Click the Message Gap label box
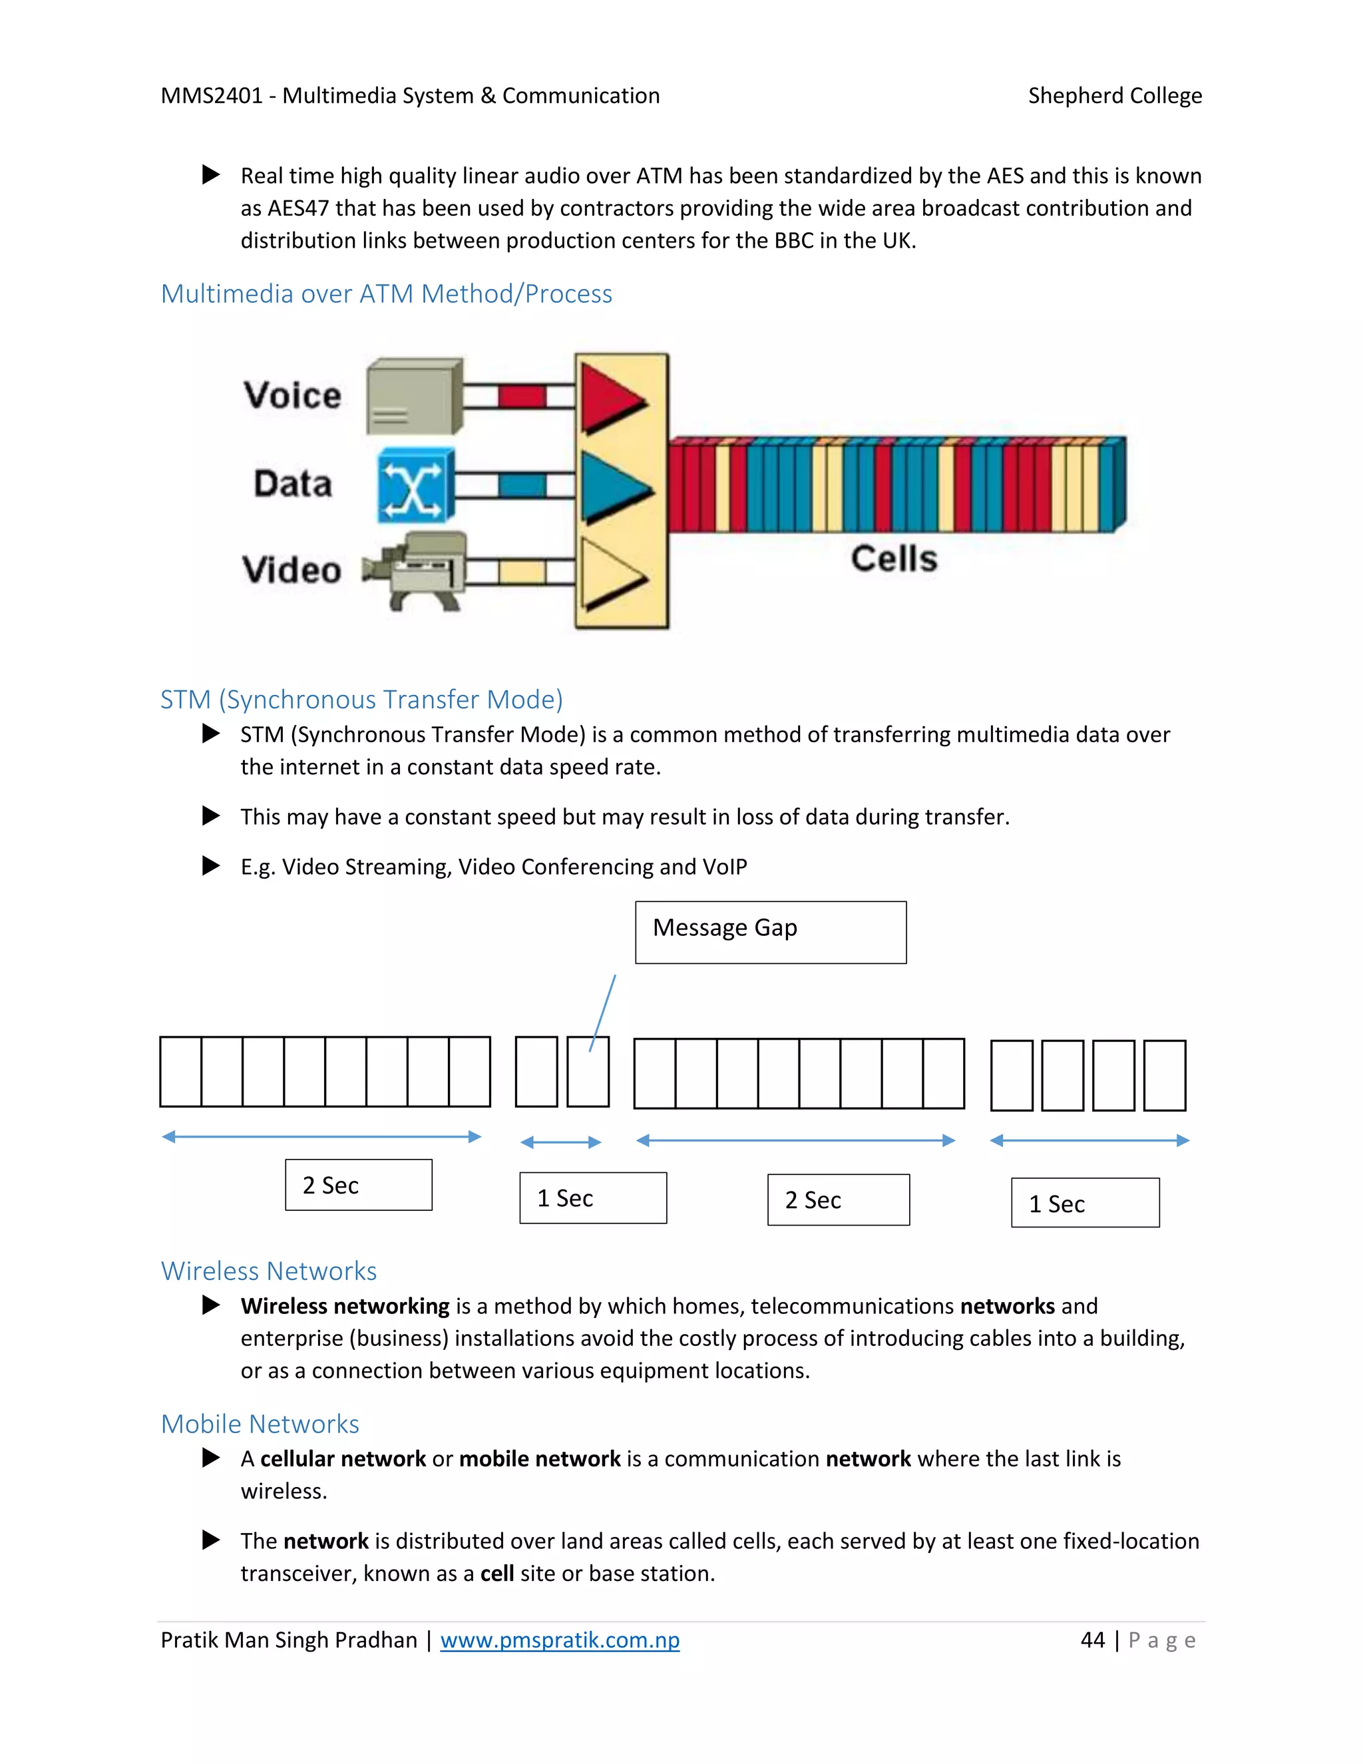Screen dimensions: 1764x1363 pos(770,932)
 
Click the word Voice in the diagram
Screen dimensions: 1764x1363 pos(292,396)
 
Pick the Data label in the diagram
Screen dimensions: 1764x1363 pos(292,484)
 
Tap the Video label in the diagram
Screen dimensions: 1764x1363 pos(292,570)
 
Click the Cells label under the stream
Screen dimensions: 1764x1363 pos(894,559)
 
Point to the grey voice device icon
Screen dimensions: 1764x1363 pos(414,397)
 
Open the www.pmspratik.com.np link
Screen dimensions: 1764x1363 pos(560,1640)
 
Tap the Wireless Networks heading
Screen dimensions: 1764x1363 pos(269,1271)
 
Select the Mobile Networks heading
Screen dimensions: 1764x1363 pos(260,1424)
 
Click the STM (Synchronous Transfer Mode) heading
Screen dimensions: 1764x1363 pos(361,700)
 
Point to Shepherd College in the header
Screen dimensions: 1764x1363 pos(1114,96)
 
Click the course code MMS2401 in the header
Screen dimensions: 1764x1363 pos(212,96)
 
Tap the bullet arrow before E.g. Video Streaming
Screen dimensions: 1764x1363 pos(211,866)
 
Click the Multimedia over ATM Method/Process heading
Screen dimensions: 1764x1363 pos(386,294)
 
